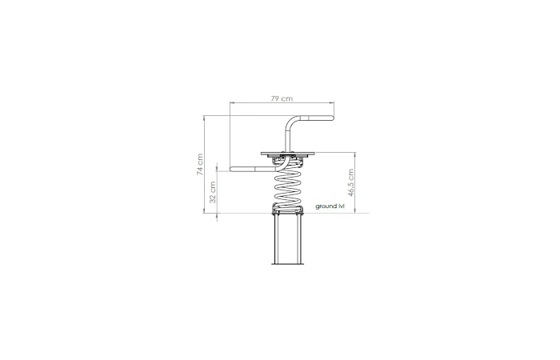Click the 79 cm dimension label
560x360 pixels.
[x=280, y=98]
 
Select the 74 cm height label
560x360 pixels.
[x=201, y=164]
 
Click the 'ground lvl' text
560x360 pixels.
[x=329, y=206]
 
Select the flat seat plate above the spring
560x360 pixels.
[x=289, y=154]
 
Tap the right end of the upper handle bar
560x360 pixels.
[x=331, y=119]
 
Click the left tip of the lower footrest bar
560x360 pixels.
[x=232, y=170]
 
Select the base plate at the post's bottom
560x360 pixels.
[x=289, y=264]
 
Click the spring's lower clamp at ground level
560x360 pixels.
[x=289, y=211]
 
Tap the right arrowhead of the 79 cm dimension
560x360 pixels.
[x=332, y=103]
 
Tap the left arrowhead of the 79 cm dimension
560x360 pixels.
[x=231, y=103]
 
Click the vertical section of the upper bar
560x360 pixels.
[x=286, y=140]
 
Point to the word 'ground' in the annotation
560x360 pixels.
[x=325, y=206]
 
